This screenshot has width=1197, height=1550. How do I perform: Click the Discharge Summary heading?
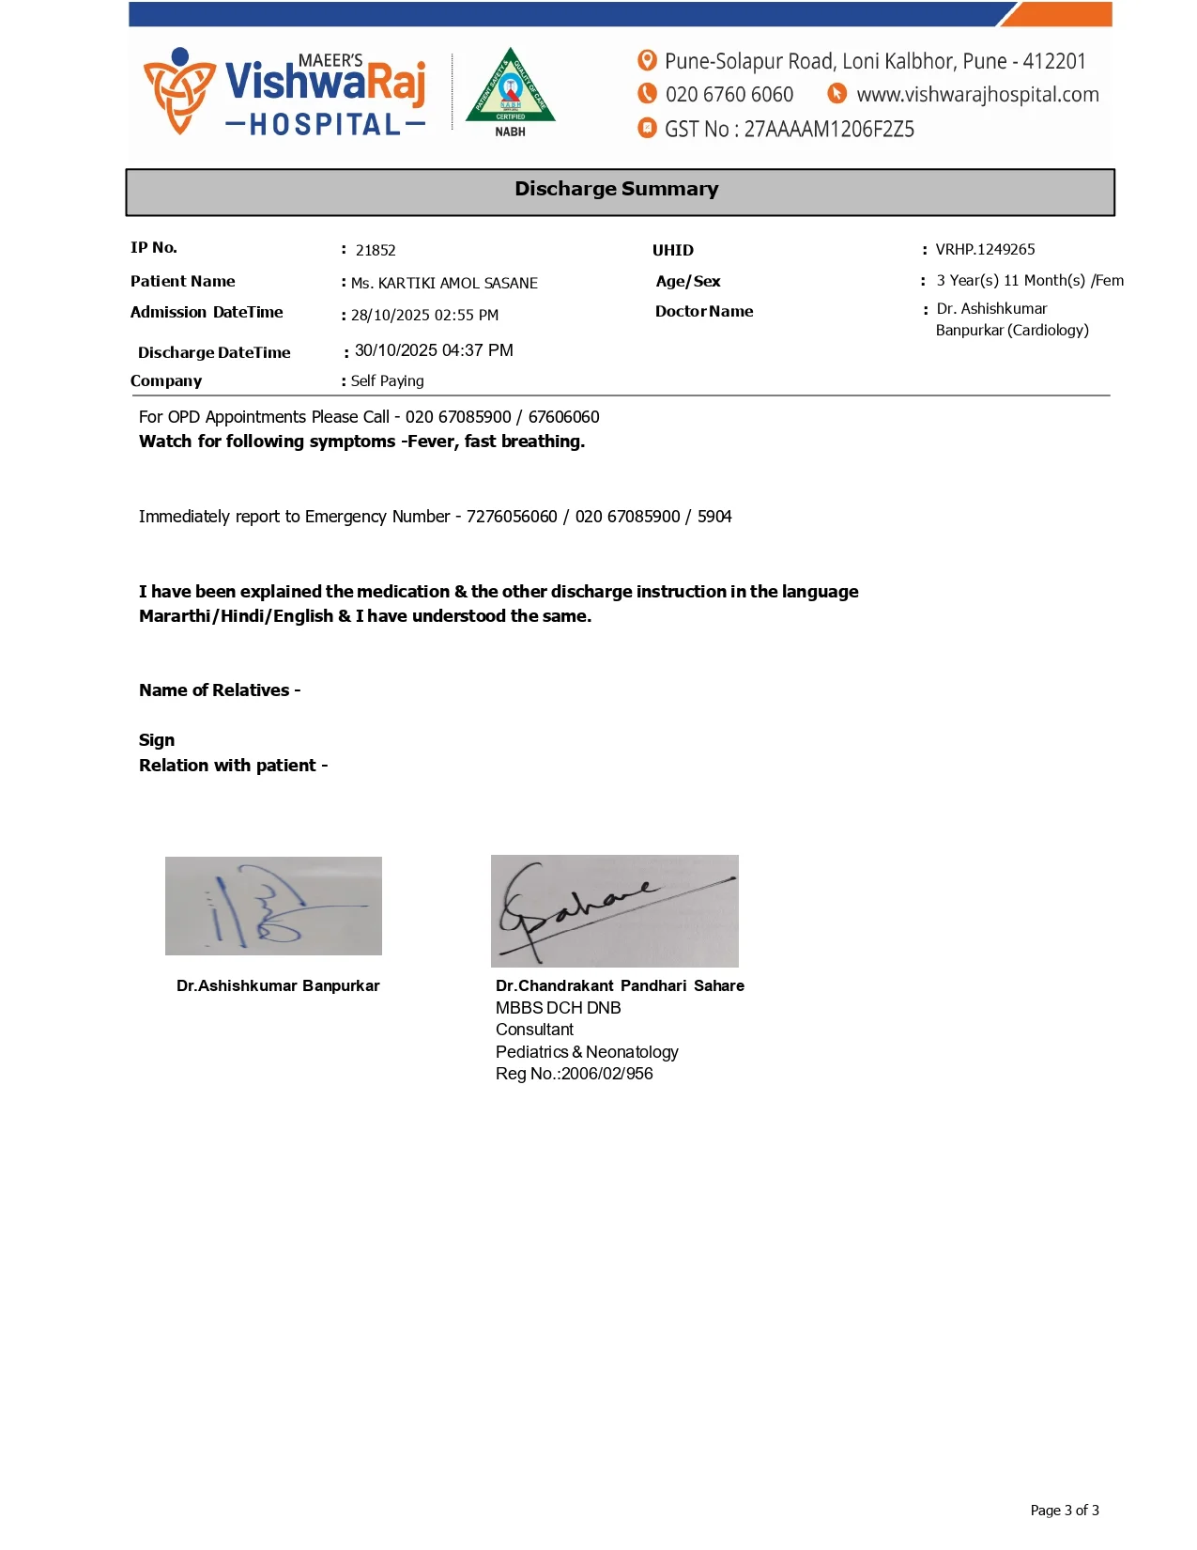(x=616, y=189)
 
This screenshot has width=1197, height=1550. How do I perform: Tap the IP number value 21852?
(x=376, y=251)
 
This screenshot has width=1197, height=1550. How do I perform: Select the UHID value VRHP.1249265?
(x=985, y=250)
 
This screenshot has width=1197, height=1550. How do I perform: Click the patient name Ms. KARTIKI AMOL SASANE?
(x=444, y=283)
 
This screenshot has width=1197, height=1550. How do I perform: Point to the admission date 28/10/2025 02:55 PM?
(x=424, y=316)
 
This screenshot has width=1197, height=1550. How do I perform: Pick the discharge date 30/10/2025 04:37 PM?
(x=434, y=350)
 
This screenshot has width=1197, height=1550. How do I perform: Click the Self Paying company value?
(x=387, y=381)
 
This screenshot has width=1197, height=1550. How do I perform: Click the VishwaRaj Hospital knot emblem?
(x=178, y=90)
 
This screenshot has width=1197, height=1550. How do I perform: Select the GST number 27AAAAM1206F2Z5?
(x=829, y=130)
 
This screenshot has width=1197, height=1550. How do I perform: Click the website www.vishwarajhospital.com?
(x=977, y=95)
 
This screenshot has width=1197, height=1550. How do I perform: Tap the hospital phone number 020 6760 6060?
(x=729, y=95)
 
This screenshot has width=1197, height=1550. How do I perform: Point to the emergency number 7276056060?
(x=512, y=517)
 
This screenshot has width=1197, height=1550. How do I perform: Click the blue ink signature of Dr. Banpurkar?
(x=273, y=907)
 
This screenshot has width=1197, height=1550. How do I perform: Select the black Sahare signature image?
(x=614, y=911)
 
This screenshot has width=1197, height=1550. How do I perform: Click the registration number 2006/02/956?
(x=606, y=1074)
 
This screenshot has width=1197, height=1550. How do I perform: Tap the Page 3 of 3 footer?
(x=1064, y=1511)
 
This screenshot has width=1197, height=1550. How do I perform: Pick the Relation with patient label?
(x=233, y=766)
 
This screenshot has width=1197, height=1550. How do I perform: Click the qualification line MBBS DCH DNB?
(x=558, y=1008)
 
